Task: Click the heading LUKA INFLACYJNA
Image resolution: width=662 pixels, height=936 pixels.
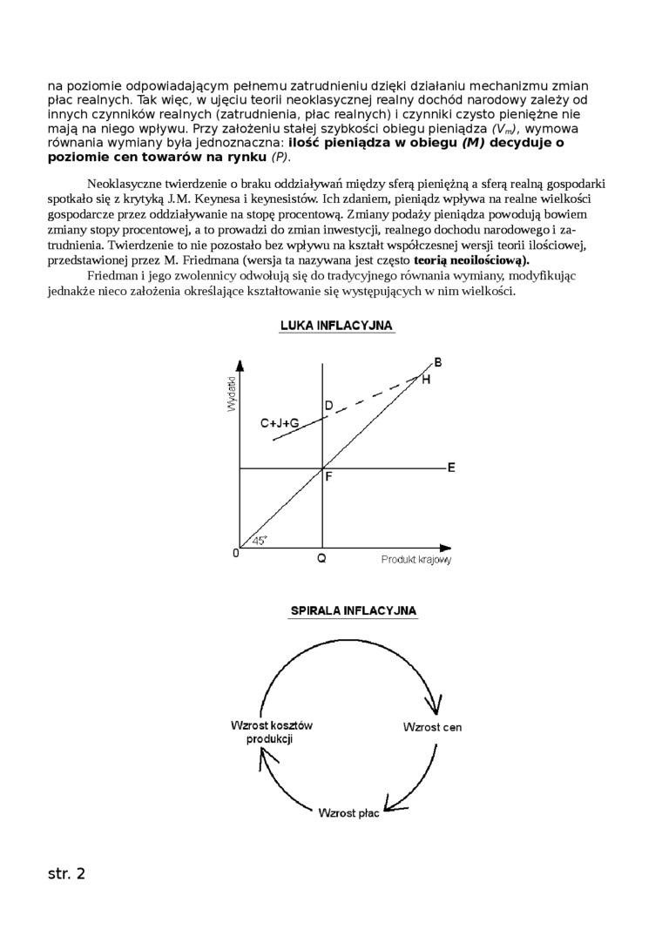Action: tap(336, 325)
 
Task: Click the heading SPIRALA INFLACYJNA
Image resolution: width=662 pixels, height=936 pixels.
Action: tap(353, 611)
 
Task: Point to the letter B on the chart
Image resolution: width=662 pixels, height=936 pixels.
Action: tap(437, 362)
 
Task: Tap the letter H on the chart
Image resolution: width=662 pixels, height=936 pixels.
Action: tap(426, 379)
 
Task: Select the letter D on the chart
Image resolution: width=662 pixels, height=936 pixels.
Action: tap(328, 406)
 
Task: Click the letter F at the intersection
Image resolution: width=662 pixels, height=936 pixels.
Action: tap(328, 476)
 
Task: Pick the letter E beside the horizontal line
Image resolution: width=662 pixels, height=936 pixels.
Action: tap(451, 468)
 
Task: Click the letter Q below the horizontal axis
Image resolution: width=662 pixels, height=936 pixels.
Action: tap(322, 559)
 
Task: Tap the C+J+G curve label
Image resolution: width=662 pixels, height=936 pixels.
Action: tap(280, 422)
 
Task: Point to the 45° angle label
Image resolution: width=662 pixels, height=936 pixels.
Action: tap(260, 541)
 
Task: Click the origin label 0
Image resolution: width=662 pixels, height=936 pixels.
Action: tap(235, 553)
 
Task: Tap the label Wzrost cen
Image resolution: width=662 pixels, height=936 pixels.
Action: tap(432, 726)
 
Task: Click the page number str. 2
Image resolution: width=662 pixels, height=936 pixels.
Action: tap(66, 873)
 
